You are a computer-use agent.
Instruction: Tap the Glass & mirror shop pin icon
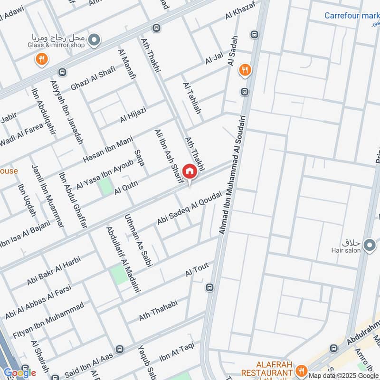point(94,39)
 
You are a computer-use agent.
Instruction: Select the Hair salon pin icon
point(369,245)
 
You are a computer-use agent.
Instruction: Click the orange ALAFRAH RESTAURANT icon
point(300,370)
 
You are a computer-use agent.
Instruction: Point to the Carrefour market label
point(351,16)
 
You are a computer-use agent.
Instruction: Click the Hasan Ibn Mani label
point(108,149)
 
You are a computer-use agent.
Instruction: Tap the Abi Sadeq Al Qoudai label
point(189,208)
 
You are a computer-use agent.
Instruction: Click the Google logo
point(20,373)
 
